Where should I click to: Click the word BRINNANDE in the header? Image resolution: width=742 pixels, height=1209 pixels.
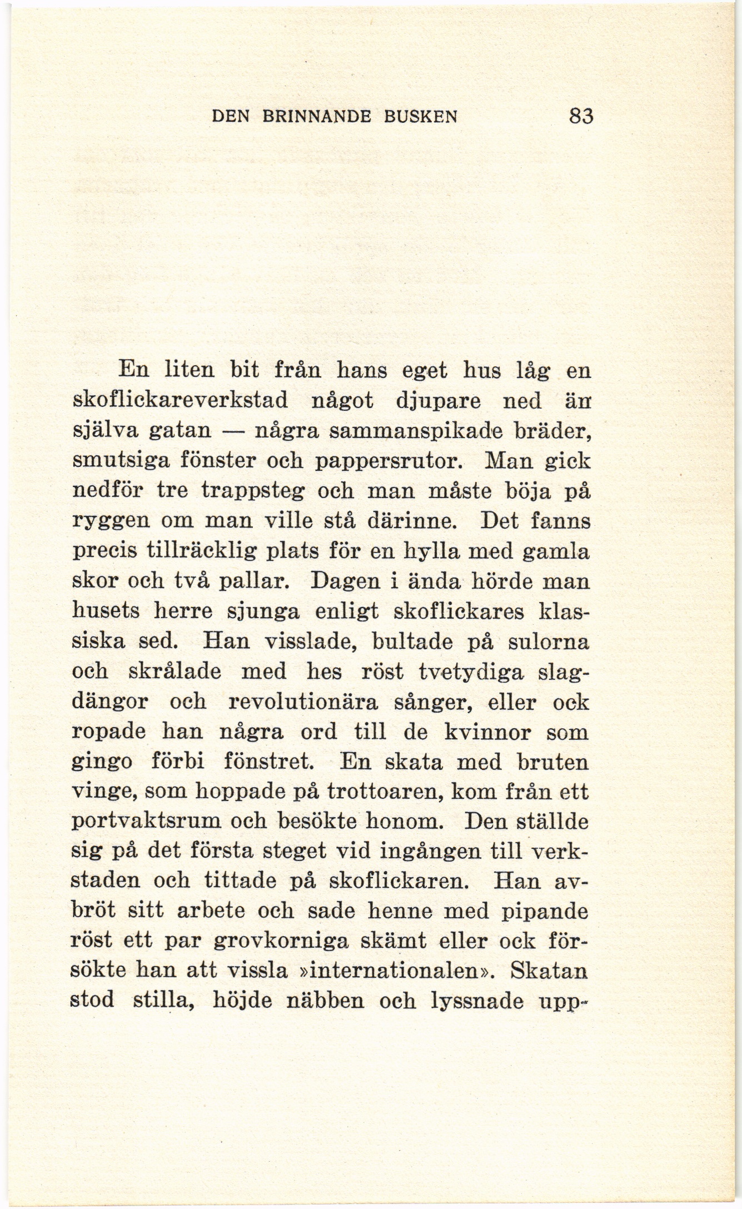click(x=319, y=117)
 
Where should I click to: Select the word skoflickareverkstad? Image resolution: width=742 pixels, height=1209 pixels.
click(x=181, y=401)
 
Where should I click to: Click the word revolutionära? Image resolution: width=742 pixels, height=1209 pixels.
click(x=303, y=702)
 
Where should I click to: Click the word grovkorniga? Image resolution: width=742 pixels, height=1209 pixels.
click(x=281, y=942)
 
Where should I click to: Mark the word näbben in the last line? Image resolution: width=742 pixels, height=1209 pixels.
click(x=321, y=1001)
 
